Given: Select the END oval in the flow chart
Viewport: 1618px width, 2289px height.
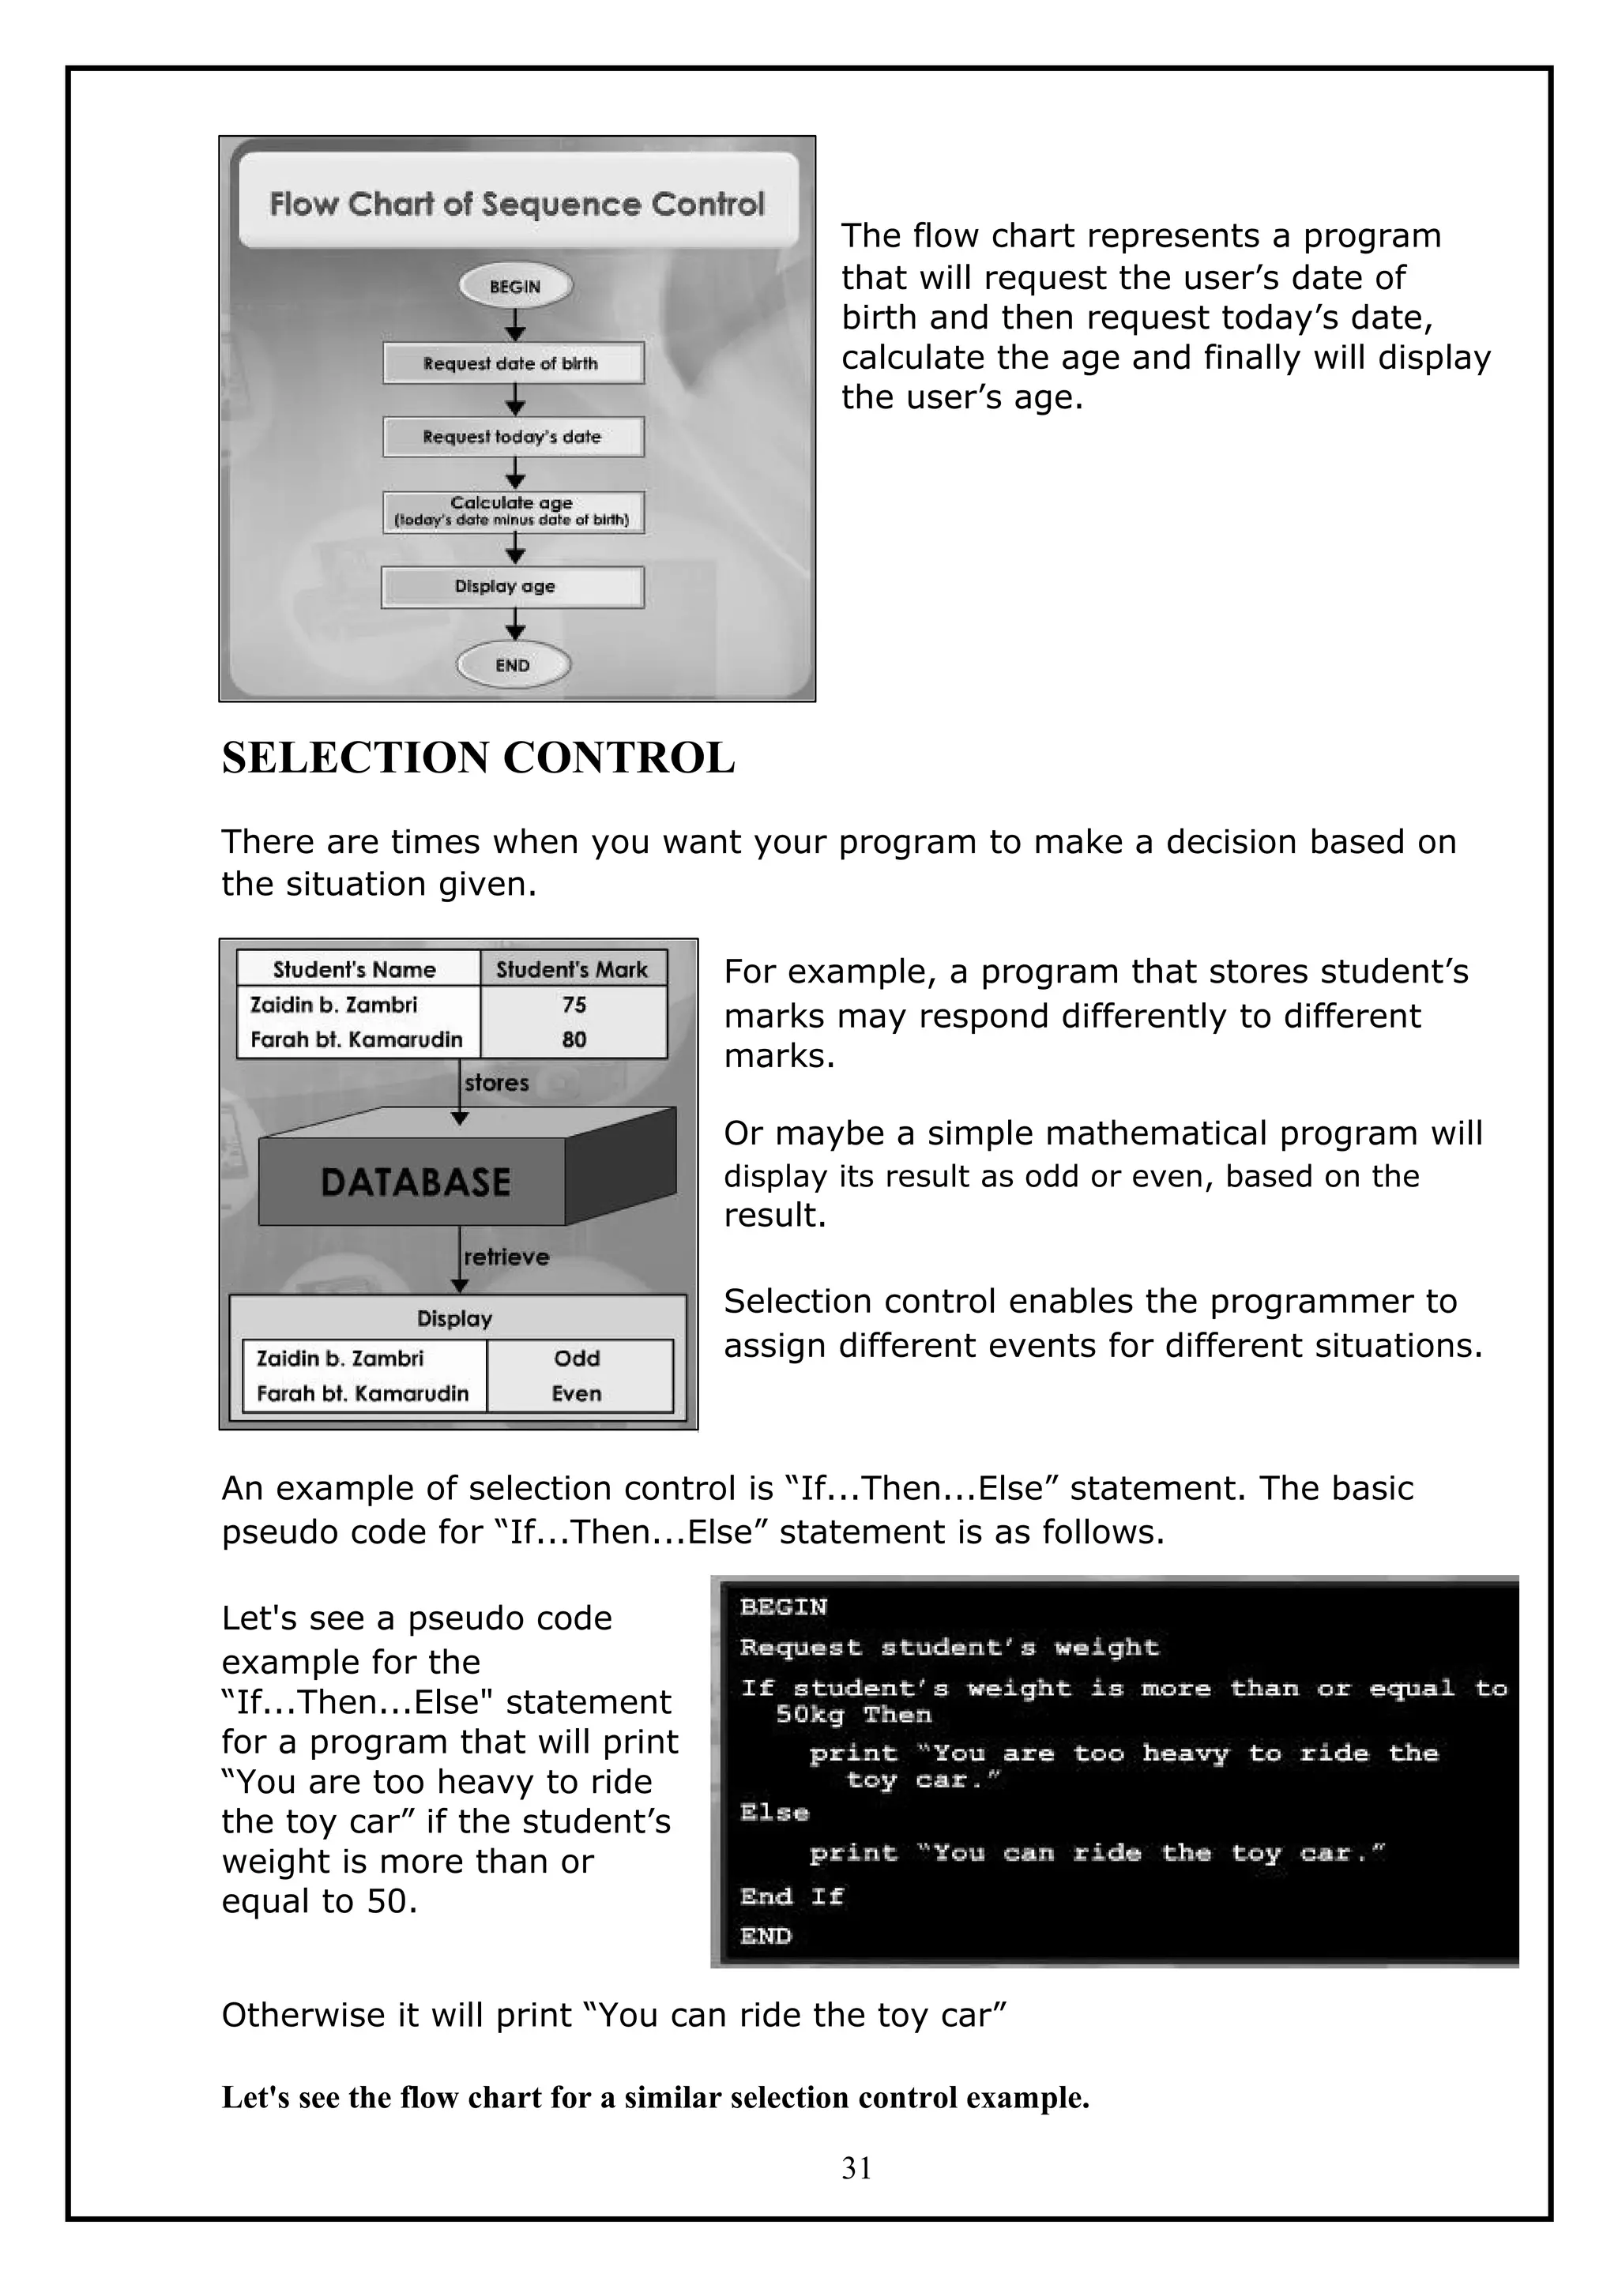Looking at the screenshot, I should [x=514, y=665].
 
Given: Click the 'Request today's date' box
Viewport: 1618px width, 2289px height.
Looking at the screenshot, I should [x=513, y=437].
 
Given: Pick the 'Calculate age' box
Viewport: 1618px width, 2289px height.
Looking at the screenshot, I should [x=513, y=512].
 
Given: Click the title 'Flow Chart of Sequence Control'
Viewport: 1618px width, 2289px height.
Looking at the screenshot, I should [x=517, y=205].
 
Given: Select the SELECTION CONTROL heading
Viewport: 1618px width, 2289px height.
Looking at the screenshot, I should [x=477, y=757].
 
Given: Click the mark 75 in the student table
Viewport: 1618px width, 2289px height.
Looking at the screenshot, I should [x=574, y=1005].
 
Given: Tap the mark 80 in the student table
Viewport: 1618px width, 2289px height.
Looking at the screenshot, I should [x=574, y=1039].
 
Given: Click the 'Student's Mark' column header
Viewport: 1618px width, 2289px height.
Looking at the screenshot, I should [x=571, y=969].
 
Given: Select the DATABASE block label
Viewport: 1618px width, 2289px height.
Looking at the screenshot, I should [x=416, y=1182].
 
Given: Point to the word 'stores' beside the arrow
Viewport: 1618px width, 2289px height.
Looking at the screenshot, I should [x=496, y=1083].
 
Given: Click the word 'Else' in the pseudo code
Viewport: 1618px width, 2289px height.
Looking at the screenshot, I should [x=773, y=1811].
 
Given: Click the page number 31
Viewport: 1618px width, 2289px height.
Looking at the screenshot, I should [x=856, y=2167].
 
